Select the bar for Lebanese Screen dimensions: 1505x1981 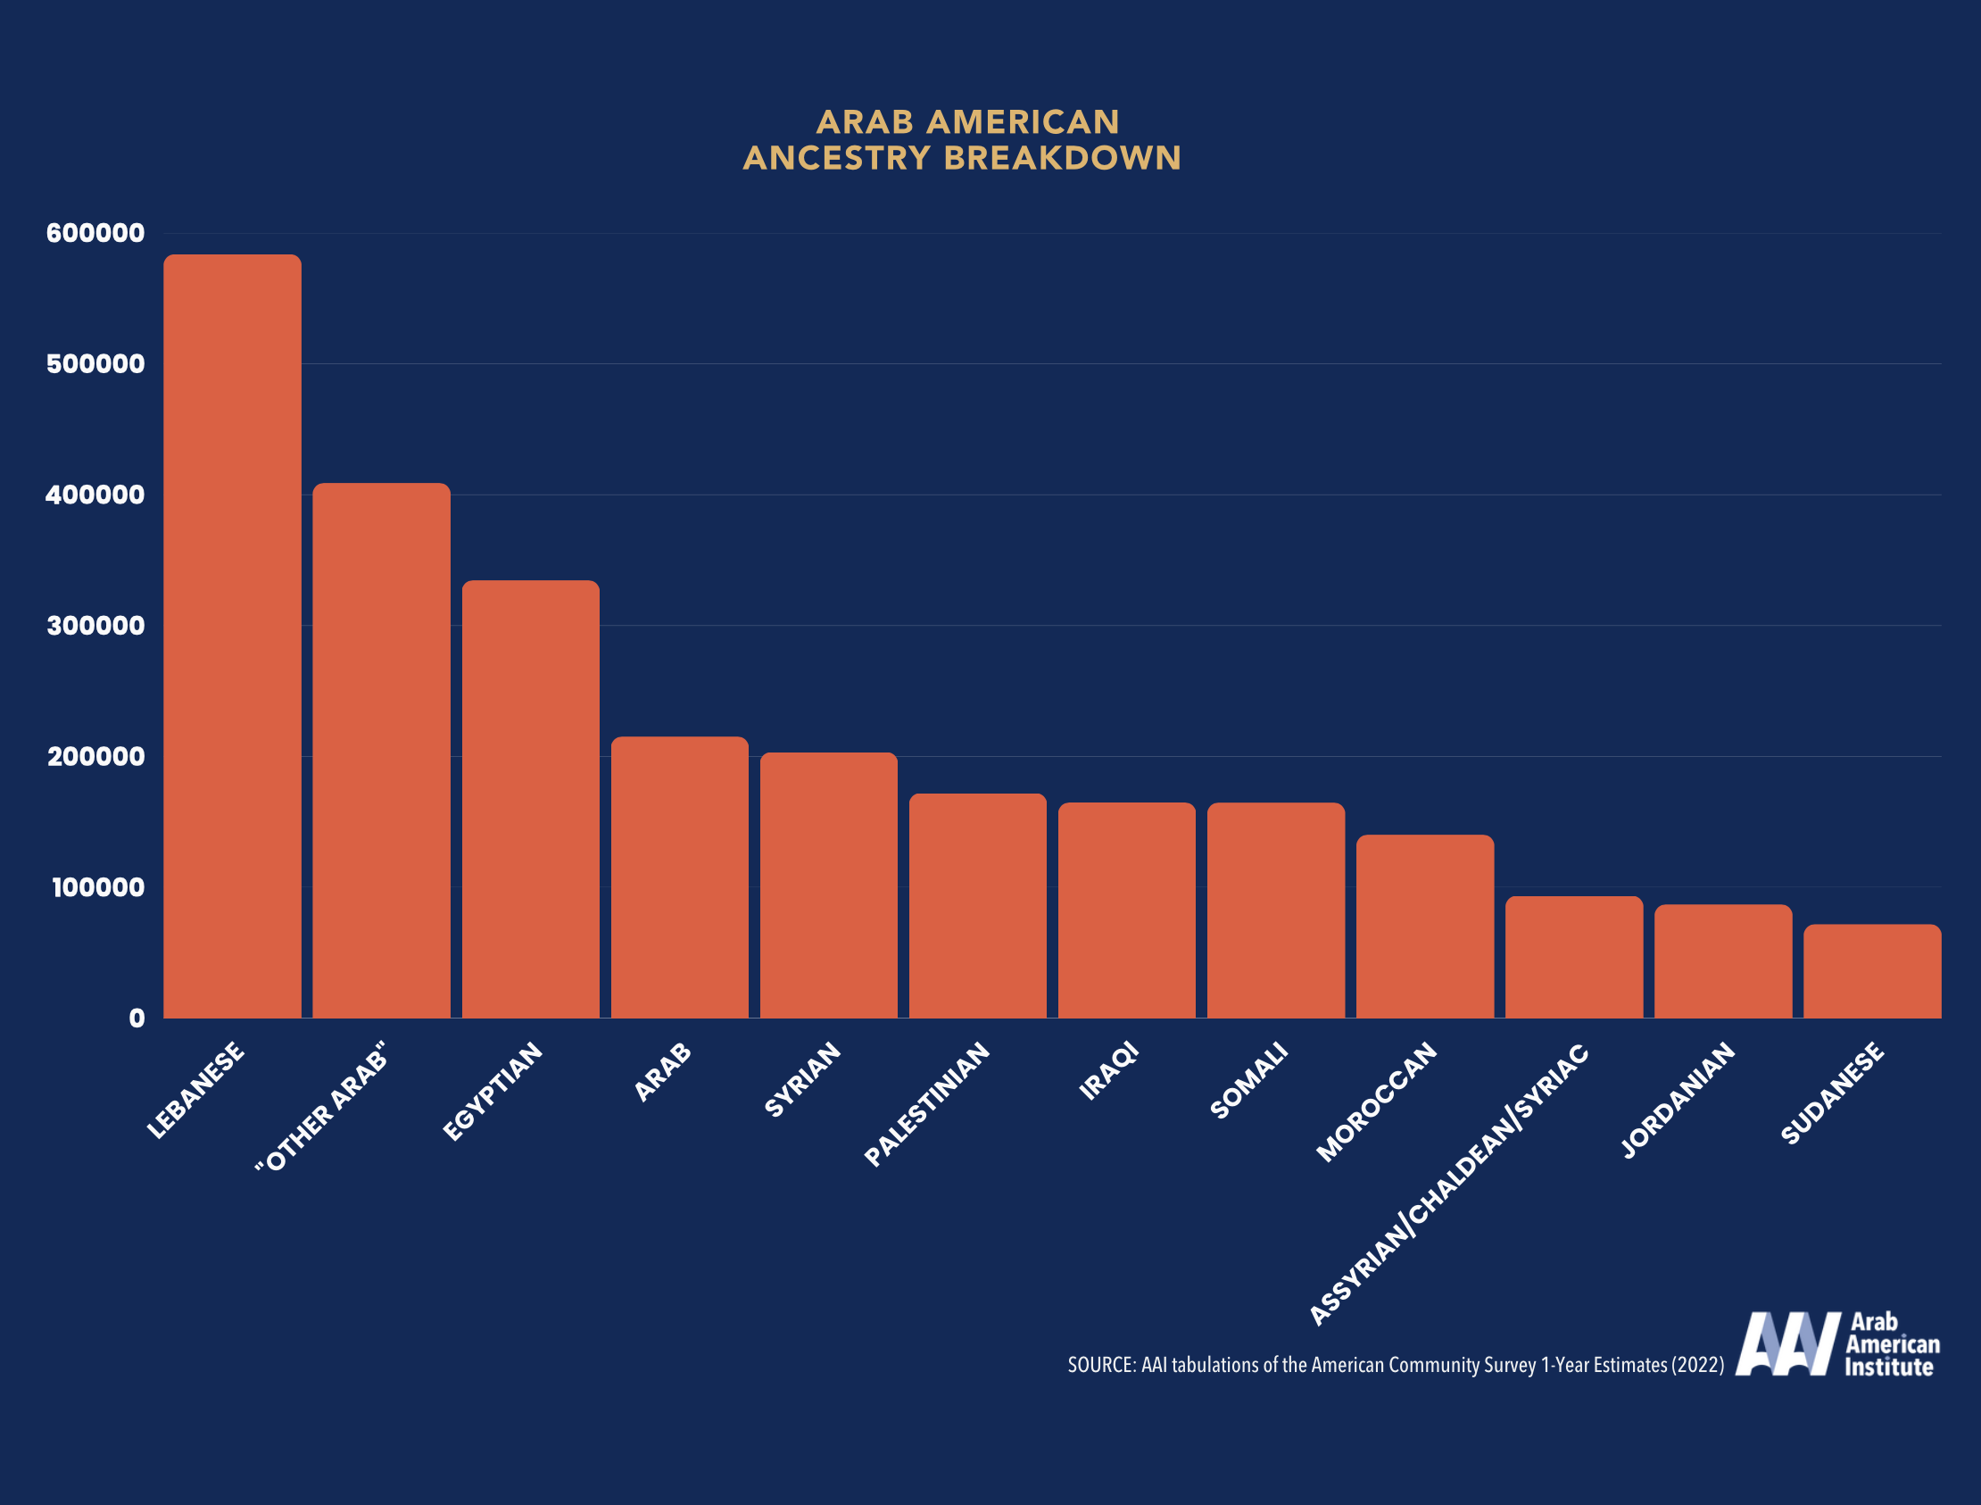pyautogui.click(x=232, y=636)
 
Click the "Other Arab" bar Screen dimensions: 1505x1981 pyautogui.click(x=381, y=751)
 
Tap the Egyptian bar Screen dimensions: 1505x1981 pyautogui.click(x=530, y=799)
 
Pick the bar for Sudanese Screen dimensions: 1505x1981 pyautogui.click(x=1872, y=971)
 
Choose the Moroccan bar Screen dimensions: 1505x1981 pyautogui.click(x=1424, y=927)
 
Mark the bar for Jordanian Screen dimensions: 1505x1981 pyautogui.click(x=1722, y=961)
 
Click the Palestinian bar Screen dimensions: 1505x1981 pyautogui.click(x=977, y=906)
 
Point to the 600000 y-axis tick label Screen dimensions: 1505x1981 pyautogui.click(x=95, y=233)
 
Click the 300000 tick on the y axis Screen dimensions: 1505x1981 pyautogui.click(x=95, y=625)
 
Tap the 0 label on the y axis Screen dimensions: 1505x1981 pyautogui.click(x=137, y=1019)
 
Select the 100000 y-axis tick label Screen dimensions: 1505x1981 pyautogui.click(x=96, y=888)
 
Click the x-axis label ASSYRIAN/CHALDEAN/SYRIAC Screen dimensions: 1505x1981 pyautogui.click(x=1448, y=1185)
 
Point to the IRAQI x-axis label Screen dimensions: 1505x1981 pyautogui.click(x=1108, y=1070)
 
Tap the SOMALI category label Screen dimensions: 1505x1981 pyautogui.click(x=1248, y=1079)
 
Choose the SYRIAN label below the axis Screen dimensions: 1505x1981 pyautogui.click(x=802, y=1079)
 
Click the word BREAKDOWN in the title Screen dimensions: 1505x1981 pyautogui.click(x=1062, y=159)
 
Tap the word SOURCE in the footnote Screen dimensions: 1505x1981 pyautogui.click(x=1100, y=1365)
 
